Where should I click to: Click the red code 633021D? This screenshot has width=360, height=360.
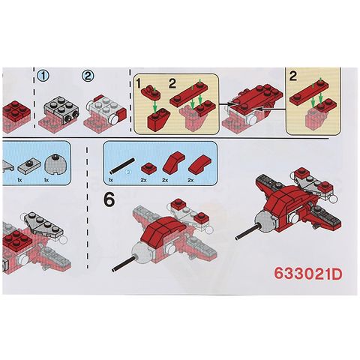pos(307,274)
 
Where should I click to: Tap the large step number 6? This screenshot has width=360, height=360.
pos(109,200)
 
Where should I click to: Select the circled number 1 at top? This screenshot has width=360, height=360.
pos(43,76)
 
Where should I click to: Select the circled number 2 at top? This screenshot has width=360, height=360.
pos(88,76)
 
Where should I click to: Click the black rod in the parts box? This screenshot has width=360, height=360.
pos(122,166)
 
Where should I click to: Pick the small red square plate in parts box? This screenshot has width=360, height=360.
pos(148,166)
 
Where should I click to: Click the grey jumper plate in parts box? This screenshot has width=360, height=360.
pos(28,166)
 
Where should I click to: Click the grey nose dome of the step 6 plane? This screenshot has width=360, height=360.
pos(142,253)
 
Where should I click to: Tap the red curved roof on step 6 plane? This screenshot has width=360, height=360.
pos(162,230)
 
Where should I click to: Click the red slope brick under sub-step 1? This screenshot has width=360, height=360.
pos(158,120)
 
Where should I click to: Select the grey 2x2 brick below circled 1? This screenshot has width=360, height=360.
pos(59,110)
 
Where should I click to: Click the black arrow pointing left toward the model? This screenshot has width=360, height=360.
pos(271,109)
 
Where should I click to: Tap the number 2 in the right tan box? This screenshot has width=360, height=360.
pos(292,76)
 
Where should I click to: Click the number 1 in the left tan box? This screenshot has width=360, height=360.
pos(138,84)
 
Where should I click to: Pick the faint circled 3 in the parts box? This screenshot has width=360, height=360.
pos(128,172)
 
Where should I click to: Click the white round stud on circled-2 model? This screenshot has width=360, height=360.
pos(114,120)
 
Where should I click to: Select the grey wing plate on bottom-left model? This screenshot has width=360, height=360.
pos(44,224)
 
